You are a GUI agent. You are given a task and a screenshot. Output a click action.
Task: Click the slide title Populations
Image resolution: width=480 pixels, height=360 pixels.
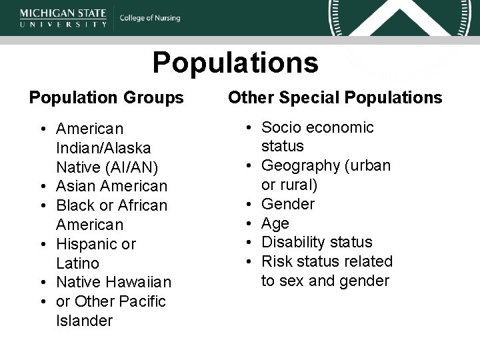pyautogui.click(x=235, y=63)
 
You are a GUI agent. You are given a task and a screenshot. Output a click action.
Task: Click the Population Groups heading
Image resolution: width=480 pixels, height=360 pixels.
pyautogui.click(x=107, y=98)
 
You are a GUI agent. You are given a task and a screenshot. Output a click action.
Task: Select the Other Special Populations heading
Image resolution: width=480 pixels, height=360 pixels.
pyautogui.click(x=335, y=98)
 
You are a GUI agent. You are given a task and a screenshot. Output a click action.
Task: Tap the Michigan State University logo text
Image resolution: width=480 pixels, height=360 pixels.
pyautogui.click(x=63, y=17)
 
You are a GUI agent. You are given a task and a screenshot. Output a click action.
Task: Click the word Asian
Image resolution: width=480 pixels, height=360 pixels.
pyautogui.click(x=77, y=185)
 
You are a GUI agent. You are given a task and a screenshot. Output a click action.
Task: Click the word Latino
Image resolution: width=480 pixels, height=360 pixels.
pyautogui.click(x=78, y=263)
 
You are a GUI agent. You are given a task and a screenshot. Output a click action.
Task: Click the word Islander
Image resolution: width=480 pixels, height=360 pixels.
pyautogui.click(x=85, y=321)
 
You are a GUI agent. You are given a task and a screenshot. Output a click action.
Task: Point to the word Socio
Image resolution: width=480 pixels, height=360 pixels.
pyautogui.click(x=282, y=127)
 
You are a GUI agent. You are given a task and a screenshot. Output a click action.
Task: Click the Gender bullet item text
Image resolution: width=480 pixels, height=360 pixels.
pyautogui.click(x=287, y=204)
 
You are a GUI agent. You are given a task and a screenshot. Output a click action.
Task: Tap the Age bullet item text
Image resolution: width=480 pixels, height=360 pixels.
pyautogui.click(x=275, y=223)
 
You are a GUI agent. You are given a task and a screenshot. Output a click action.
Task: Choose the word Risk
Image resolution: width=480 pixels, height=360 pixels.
pyautogui.click(x=277, y=261)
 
